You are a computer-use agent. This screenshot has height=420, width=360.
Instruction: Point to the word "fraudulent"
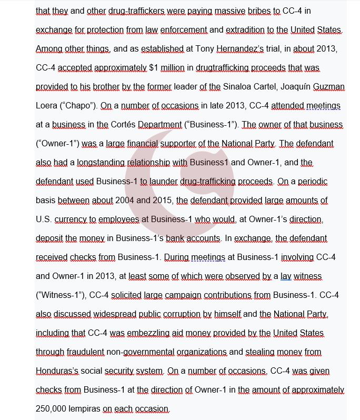84,352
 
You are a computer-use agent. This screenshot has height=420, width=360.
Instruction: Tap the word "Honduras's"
57,371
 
